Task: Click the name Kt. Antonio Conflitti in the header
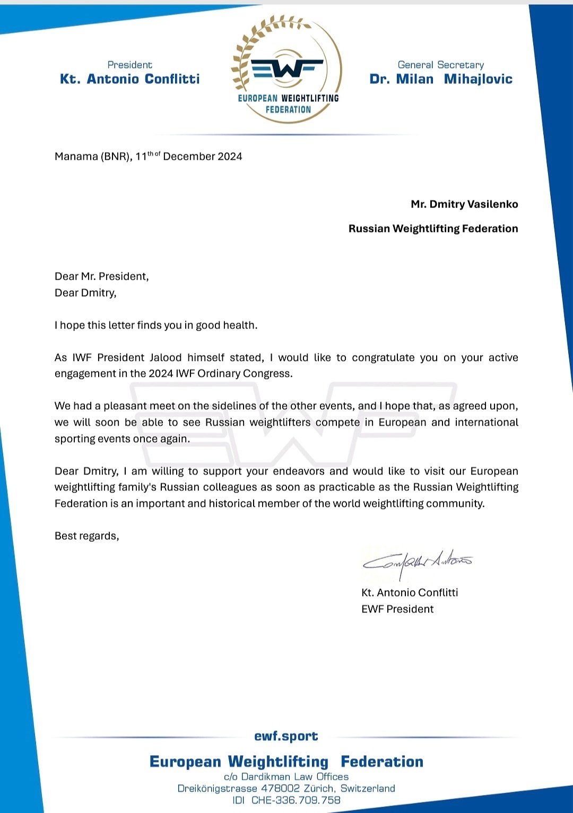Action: pos(130,79)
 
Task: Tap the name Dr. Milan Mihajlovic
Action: pos(441,79)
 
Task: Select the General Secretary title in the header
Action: pos(441,65)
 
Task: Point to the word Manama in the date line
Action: pos(76,157)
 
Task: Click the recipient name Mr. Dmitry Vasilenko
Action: pos(464,204)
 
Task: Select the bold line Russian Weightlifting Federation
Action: pos(433,229)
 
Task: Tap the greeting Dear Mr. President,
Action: pos(101,276)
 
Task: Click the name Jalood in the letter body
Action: pos(166,358)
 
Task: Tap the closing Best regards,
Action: pos(86,536)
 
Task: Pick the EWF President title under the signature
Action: pos(397,609)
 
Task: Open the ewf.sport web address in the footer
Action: pos(286,736)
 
